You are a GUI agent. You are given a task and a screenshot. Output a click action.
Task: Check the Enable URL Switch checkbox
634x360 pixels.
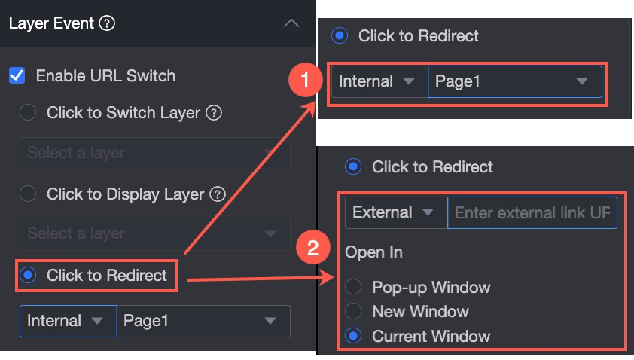click(x=17, y=75)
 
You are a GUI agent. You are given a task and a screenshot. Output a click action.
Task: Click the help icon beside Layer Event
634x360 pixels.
click(x=107, y=23)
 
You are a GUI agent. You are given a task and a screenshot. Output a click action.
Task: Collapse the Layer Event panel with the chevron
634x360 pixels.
click(x=291, y=23)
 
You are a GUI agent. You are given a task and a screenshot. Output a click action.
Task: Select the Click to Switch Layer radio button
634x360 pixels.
click(x=28, y=112)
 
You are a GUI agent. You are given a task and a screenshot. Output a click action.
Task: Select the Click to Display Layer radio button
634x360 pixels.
click(x=28, y=194)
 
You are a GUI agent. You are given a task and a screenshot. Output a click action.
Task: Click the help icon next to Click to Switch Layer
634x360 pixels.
click(x=214, y=113)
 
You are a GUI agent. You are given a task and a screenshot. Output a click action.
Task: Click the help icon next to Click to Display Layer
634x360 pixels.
click(x=218, y=194)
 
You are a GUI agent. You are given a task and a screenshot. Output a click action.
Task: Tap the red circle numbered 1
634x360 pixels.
click(x=305, y=80)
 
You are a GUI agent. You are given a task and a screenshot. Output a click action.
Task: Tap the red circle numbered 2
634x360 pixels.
click(x=313, y=247)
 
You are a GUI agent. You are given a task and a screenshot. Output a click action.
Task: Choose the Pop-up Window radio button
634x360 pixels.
click(x=353, y=287)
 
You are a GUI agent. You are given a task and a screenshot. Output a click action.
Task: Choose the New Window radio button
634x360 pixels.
click(x=353, y=311)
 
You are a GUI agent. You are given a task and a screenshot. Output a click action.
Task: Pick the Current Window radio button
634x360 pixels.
click(x=353, y=336)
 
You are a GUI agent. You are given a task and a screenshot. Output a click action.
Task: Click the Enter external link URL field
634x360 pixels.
click(x=532, y=213)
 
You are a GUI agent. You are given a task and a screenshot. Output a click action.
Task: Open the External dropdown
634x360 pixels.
click(x=396, y=213)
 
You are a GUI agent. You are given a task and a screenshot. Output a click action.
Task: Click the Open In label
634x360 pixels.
click(x=373, y=252)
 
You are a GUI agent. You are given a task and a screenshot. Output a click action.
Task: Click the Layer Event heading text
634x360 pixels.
click(x=51, y=23)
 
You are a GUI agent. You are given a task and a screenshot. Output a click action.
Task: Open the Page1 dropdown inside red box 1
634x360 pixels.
click(x=515, y=81)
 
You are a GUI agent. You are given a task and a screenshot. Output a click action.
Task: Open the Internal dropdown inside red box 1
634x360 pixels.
click(x=379, y=81)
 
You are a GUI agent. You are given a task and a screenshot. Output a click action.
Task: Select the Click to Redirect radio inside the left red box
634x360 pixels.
click(x=28, y=275)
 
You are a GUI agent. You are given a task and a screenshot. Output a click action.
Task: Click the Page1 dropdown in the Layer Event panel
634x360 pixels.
click(x=203, y=321)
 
